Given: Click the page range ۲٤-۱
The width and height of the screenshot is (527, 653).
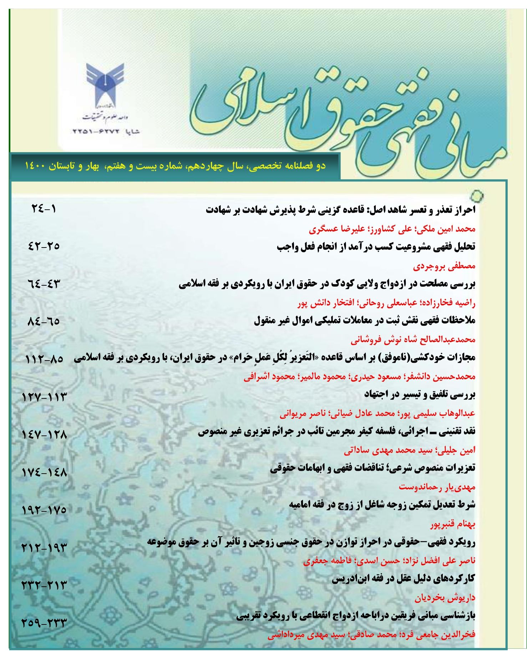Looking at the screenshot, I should click(44, 209).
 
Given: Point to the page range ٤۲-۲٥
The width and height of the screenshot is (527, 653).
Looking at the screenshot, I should click(44, 246).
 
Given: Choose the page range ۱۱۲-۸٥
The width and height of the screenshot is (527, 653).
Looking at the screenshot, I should click(44, 359).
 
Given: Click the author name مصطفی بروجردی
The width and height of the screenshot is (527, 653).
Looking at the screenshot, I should click(444, 266).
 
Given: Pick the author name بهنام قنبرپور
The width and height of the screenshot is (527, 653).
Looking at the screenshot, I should click(452, 524).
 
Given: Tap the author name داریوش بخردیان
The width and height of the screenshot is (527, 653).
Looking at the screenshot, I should click(445, 598).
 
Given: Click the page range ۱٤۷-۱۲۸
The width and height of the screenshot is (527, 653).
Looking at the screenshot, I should click(44, 435).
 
